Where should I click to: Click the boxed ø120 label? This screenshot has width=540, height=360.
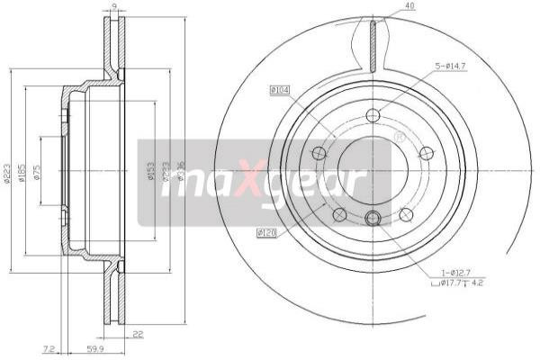click(x=265, y=234)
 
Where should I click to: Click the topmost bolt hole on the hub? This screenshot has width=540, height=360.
click(x=373, y=114)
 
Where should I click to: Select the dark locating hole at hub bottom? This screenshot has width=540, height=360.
click(x=373, y=217)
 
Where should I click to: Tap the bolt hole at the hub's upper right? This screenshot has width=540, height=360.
click(x=427, y=153)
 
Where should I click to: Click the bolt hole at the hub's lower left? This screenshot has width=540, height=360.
click(x=339, y=214)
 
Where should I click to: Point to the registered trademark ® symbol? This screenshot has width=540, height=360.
click(x=399, y=138)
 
